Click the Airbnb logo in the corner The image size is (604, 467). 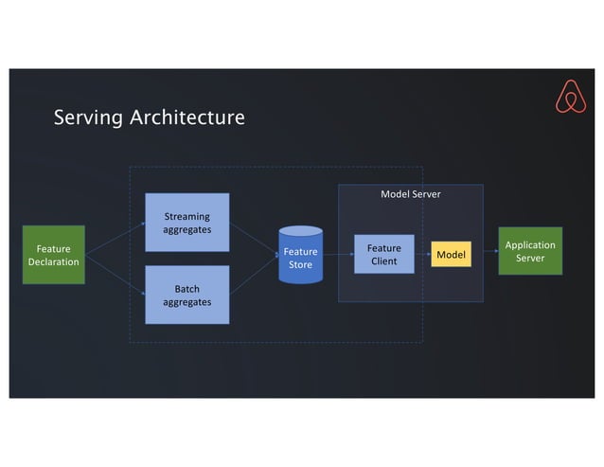pyautogui.click(x=569, y=97)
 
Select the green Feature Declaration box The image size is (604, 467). pyautogui.click(x=53, y=255)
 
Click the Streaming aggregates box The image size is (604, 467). pyautogui.click(x=187, y=223)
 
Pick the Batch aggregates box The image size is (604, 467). pyautogui.click(x=187, y=295)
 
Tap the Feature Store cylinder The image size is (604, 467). pyautogui.click(x=300, y=256)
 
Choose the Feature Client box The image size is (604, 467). pyautogui.click(x=383, y=254)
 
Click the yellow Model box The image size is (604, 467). pyautogui.click(x=451, y=254)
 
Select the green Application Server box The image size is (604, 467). pyautogui.click(x=530, y=251)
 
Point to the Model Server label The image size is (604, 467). pyautogui.click(x=410, y=194)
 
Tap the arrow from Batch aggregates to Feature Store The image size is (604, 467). pyautogui.click(x=254, y=275)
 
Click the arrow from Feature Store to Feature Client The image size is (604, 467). pyautogui.click(x=338, y=254)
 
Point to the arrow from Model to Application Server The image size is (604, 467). pyautogui.click(x=485, y=252)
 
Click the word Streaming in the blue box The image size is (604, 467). pyautogui.click(x=187, y=216)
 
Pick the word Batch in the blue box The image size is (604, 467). pyautogui.click(x=187, y=288)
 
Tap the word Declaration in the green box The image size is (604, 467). pyautogui.click(x=53, y=262)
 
